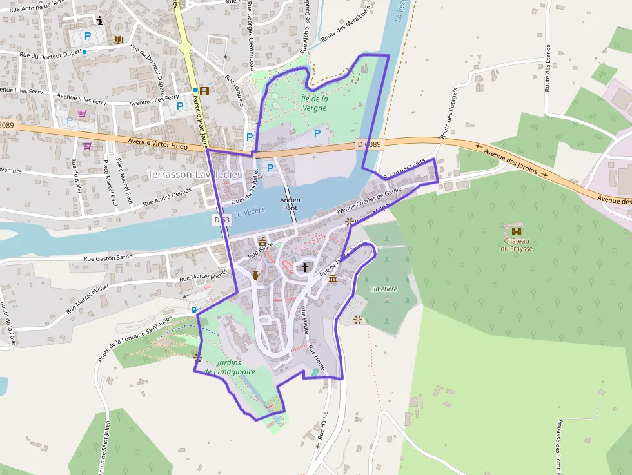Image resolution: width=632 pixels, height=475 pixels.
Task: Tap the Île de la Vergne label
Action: (314, 103)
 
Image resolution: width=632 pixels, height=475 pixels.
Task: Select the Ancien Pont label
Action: (290, 204)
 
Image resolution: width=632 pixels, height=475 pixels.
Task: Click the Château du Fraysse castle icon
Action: (517, 231)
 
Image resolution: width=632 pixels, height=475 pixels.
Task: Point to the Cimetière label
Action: (384, 289)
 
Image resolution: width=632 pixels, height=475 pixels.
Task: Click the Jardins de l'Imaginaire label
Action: (230, 367)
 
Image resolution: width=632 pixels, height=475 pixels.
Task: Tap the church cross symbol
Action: (305, 266)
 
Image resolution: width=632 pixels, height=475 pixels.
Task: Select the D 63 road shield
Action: (221, 220)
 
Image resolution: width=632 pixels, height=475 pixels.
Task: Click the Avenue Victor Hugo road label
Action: (158, 144)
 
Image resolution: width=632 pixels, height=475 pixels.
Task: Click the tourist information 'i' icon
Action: (100, 21)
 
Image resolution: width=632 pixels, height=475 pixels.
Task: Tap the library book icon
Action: (117, 40)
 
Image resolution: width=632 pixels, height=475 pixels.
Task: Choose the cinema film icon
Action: (204, 91)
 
